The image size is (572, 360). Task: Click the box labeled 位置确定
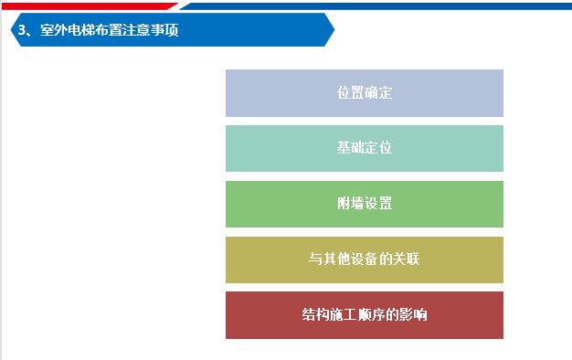[x=364, y=93]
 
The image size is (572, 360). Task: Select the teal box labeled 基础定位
[x=364, y=148]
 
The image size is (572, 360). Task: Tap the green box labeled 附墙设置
[x=364, y=204]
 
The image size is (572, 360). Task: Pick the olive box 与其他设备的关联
[x=364, y=259]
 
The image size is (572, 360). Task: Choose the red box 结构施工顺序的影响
[x=364, y=315]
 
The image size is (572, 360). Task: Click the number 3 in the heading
[x=22, y=30]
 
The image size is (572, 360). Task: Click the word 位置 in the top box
[x=350, y=93]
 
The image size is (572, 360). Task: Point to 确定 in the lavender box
[x=378, y=93]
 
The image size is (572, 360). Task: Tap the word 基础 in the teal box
[x=350, y=148]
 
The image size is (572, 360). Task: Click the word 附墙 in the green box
[x=350, y=204]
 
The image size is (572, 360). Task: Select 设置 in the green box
[x=378, y=204]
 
